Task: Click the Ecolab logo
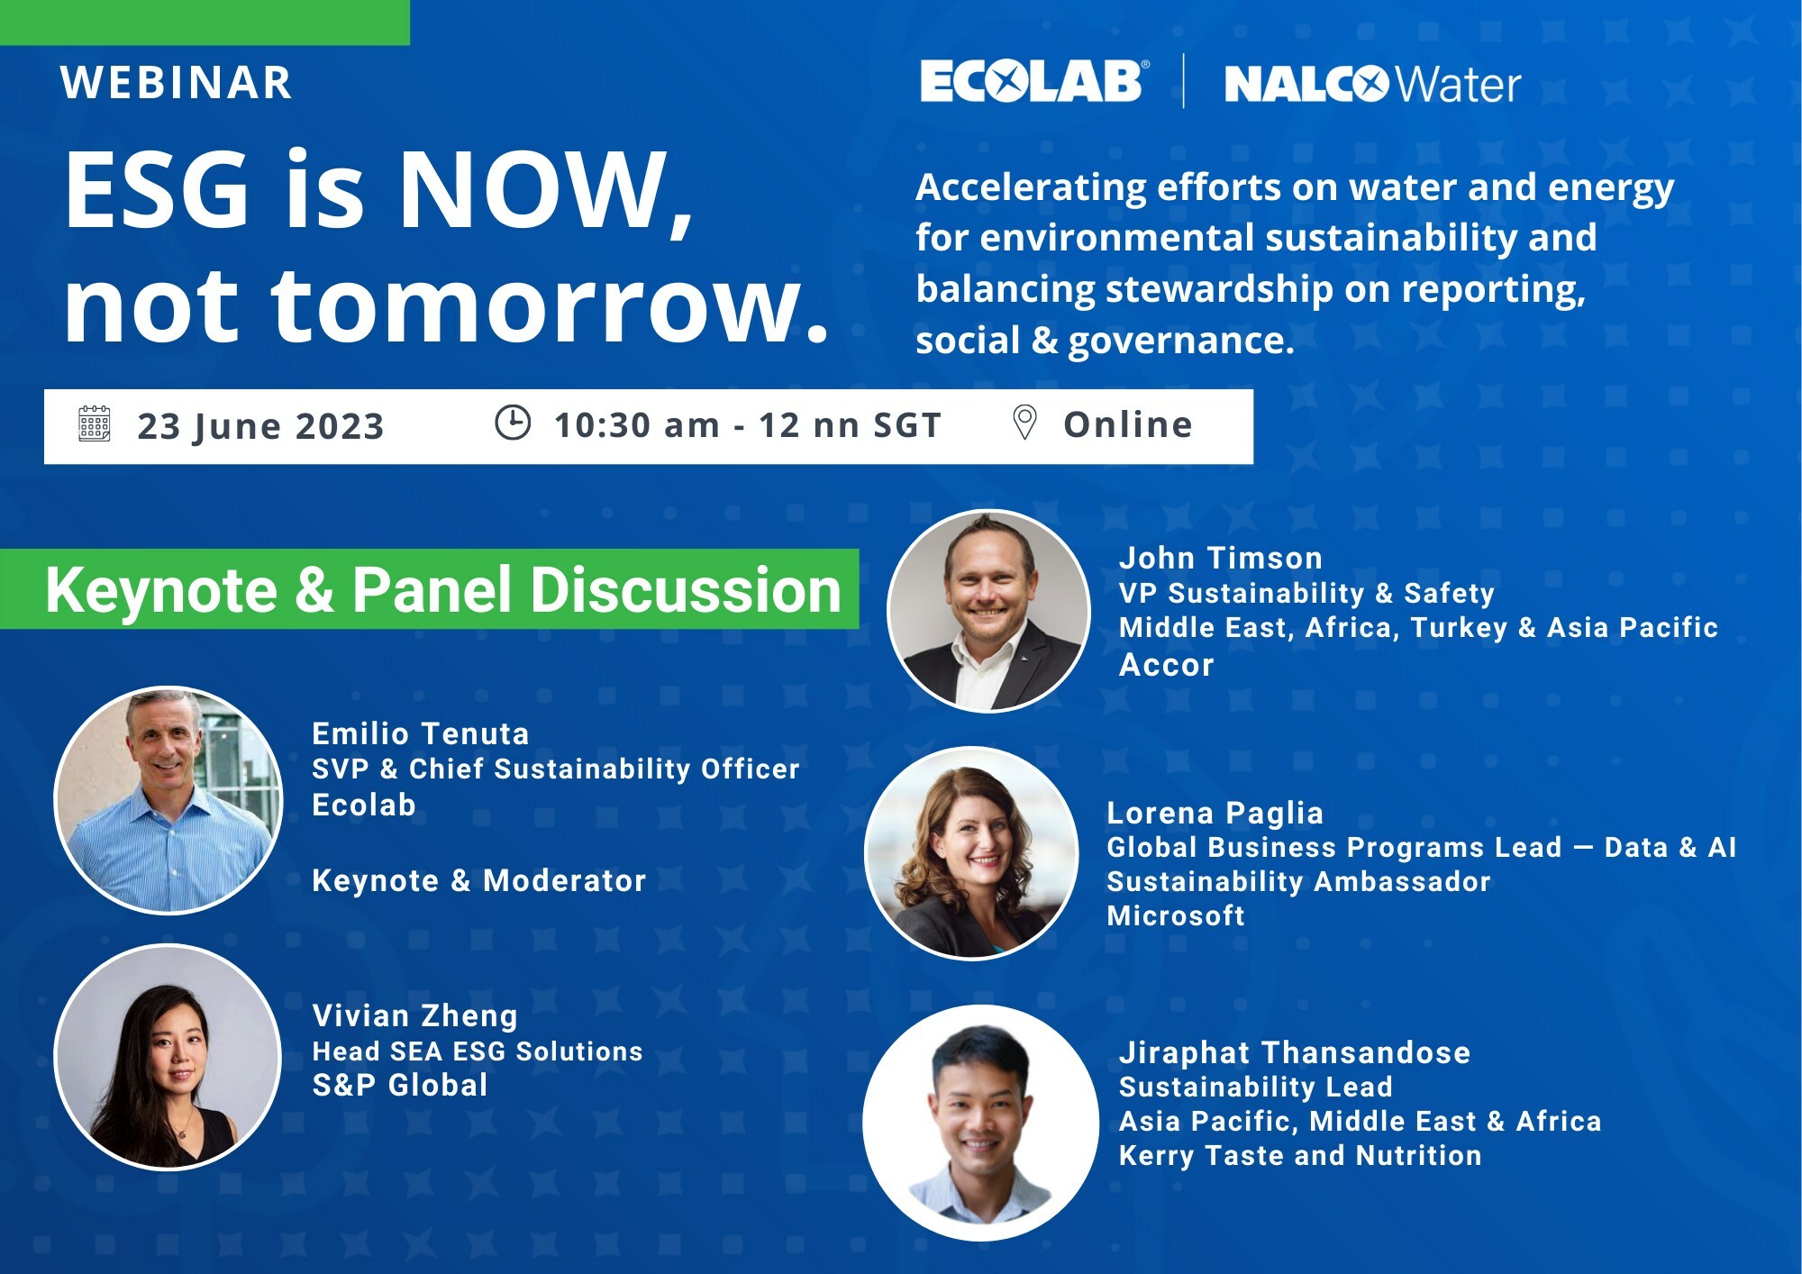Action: (x=1034, y=81)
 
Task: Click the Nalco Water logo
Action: (x=1372, y=84)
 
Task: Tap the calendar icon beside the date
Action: (x=95, y=423)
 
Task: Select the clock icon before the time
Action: (x=513, y=423)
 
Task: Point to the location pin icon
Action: (x=1024, y=422)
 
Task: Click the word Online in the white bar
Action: (x=1128, y=424)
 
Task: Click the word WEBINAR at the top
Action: (x=177, y=83)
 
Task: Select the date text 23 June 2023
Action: (x=260, y=426)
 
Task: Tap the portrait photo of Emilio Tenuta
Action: (x=168, y=800)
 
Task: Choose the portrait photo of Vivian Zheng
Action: (x=168, y=1057)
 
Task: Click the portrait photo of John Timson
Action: (x=989, y=611)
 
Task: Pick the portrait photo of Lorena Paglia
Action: (x=971, y=853)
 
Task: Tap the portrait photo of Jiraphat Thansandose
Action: (x=981, y=1123)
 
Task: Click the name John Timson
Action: (x=1221, y=558)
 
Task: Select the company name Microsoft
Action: (x=1176, y=915)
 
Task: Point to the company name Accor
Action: (x=1167, y=665)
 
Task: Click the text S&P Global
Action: (x=400, y=1085)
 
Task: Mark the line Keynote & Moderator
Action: (x=479, y=880)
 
